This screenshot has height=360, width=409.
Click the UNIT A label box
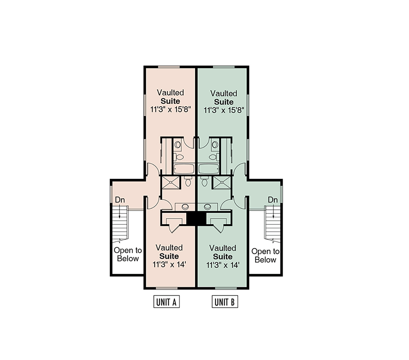pos(166,302)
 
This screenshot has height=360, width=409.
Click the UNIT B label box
pos(225,302)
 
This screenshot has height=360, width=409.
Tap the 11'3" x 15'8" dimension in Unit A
pos(170,110)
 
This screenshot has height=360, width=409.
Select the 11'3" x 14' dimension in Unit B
pos(223,265)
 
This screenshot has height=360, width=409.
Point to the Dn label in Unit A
pos(120,200)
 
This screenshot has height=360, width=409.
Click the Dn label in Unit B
pos(273,200)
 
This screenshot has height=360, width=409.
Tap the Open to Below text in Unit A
pos(128,254)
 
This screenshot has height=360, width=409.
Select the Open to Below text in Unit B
pos(265,255)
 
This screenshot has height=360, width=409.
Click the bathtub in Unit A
pos(184,169)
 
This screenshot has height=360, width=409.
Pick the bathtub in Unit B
pos(209,169)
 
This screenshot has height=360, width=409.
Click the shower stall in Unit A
pos(171,183)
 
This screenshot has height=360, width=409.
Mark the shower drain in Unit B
pos(222,183)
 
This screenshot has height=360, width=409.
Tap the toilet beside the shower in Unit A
pos(188,181)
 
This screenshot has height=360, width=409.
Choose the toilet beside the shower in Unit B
pos(204,181)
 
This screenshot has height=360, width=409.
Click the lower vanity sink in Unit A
pos(185,207)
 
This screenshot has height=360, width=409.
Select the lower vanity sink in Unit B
pos(207,207)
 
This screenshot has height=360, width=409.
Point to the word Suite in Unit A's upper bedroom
pos(170,101)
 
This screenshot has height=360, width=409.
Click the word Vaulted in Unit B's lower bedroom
pos(223,248)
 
